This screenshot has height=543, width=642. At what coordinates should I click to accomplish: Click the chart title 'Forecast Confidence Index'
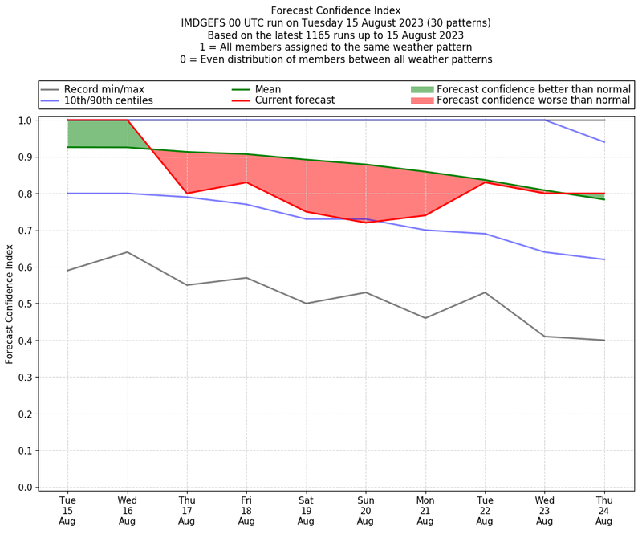pos(335,10)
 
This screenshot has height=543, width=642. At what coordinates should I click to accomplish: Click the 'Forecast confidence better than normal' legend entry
pos(534,89)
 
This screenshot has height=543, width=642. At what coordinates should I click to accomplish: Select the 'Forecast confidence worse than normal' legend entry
pos(534,101)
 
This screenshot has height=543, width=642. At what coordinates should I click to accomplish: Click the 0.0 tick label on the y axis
pos(26,488)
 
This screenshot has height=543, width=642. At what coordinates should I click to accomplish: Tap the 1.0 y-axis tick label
pos(26,120)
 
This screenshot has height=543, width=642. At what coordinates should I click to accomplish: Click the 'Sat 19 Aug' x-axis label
pos(306,510)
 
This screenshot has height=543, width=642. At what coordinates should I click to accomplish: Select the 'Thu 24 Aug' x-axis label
pos(603,510)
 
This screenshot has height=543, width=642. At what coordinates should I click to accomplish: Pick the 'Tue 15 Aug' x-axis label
pos(67,510)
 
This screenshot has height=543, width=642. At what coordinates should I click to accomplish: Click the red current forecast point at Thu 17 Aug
pos(187,194)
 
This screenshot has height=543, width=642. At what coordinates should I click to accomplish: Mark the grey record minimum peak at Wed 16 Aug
pos(127,252)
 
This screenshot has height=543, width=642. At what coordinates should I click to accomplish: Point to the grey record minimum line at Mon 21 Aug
pos(425,318)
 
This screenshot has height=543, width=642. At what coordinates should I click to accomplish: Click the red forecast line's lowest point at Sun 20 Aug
pos(365,223)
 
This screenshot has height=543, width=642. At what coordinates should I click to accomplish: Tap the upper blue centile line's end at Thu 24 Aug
pos(603,142)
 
